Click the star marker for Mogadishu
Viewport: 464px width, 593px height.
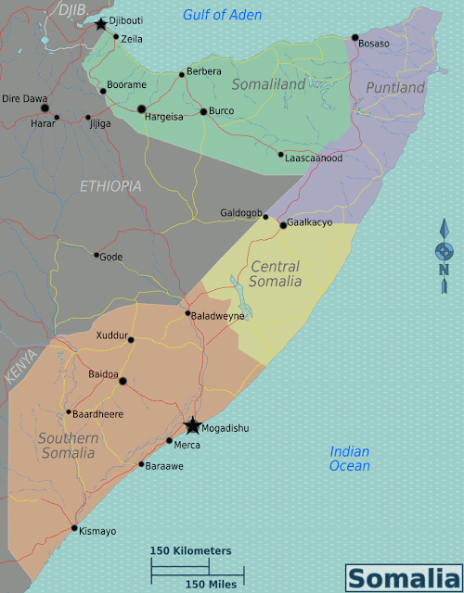pyautogui.click(x=192, y=425)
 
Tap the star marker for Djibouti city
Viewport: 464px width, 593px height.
pyautogui.click(x=100, y=23)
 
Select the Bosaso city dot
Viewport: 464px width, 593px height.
pyautogui.click(x=354, y=38)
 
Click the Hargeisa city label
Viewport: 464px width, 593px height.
pyautogui.click(x=162, y=117)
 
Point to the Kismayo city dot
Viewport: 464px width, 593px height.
pyautogui.click(x=74, y=528)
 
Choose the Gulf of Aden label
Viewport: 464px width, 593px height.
pyautogui.click(x=222, y=15)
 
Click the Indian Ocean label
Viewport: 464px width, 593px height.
pyautogui.click(x=350, y=459)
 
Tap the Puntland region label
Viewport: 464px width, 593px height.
pyautogui.click(x=395, y=87)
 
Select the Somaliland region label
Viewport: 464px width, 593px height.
pyautogui.click(x=267, y=84)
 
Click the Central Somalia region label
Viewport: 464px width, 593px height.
pyautogui.click(x=276, y=274)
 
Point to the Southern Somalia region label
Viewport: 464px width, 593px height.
pyautogui.click(x=68, y=446)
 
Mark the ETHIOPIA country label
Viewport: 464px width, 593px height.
pyautogui.click(x=110, y=186)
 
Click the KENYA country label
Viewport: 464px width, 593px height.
pyautogui.click(x=21, y=366)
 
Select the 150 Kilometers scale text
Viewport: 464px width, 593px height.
pyautogui.click(x=191, y=550)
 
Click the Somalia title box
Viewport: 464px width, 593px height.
pyautogui.click(x=402, y=577)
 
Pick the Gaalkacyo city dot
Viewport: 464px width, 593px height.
pyautogui.click(x=283, y=225)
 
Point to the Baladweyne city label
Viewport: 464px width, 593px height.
pyautogui.click(x=218, y=316)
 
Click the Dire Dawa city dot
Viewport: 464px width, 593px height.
pyautogui.click(x=44, y=107)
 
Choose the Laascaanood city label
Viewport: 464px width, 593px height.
pyautogui.click(x=315, y=158)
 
